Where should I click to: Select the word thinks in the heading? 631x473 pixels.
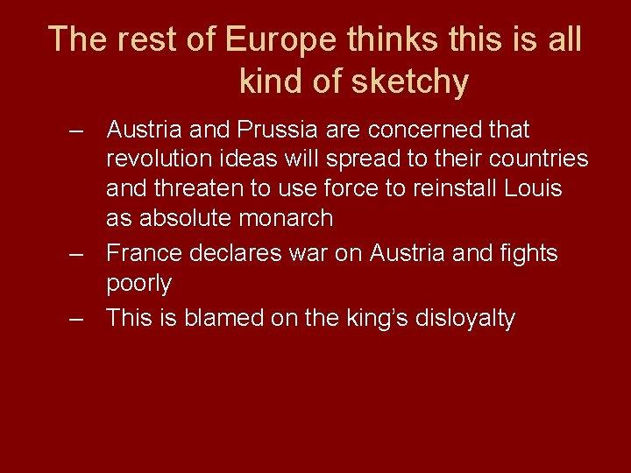point(391,39)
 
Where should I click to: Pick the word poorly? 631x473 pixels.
point(138,283)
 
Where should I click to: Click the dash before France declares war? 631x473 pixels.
point(79,254)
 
